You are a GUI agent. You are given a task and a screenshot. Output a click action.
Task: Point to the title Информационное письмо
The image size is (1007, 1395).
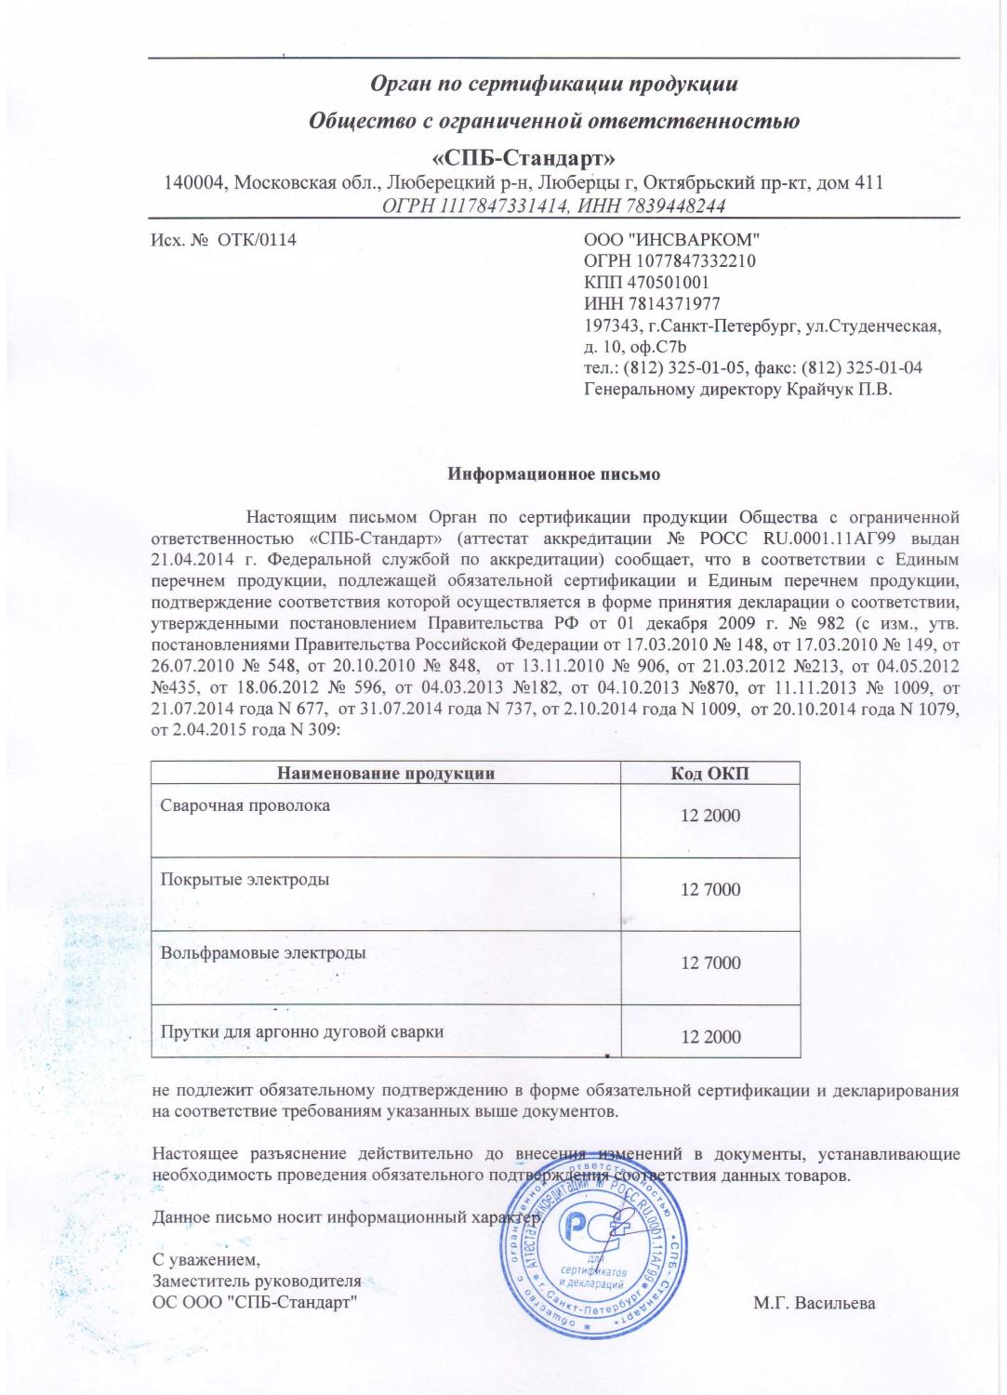tap(554, 474)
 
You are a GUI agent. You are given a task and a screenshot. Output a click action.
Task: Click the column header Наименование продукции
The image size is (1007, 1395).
tap(385, 773)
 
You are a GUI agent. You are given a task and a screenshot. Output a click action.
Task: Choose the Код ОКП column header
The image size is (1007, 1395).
tap(710, 773)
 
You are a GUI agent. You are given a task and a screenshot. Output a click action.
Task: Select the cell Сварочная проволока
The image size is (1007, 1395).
tap(245, 805)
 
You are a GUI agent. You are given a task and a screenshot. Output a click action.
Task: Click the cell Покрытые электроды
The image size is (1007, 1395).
tap(245, 879)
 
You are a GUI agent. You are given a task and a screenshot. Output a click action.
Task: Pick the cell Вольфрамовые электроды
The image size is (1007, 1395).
tap(263, 952)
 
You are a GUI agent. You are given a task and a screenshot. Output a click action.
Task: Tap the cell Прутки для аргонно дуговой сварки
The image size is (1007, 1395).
tap(301, 1031)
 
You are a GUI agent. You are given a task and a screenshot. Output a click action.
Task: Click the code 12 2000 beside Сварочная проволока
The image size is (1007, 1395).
tap(710, 817)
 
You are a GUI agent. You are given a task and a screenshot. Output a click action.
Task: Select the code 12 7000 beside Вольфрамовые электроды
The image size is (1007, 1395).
tap(710, 963)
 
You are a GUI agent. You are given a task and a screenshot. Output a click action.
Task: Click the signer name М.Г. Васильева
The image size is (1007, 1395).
tap(815, 1303)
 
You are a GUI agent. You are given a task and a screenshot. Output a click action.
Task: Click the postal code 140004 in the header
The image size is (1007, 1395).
tap(194, 182)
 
